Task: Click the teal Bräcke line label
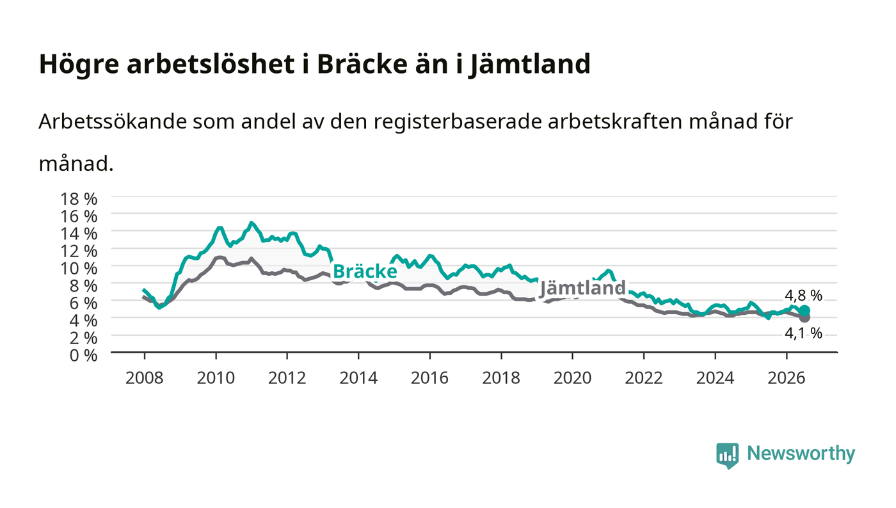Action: click(x=365, y=271)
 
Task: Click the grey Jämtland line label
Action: click(x=583, y=288)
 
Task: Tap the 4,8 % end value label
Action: click(x=803, y=296)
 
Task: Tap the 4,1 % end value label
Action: click(x=803, y=333)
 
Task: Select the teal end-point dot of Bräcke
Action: click(x=804, y=311)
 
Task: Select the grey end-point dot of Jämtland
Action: click(x=804, y=317)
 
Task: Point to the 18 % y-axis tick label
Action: click(x=78, y=199)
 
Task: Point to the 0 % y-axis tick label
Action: click(x=83, y=355)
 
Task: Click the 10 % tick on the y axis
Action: click(x=78, y=269)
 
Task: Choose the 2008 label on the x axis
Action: click(x=145, y=378)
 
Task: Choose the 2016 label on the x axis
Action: click(x=429, y=378)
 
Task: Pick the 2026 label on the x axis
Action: click(x=787, y=378)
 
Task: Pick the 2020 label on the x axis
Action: click(x=572, y=378)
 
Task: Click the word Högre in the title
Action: click(x=79, y=65)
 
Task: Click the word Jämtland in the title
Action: click(x=529, y=63)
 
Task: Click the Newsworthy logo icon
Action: click(x=727, y=455)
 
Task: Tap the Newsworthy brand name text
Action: click(x=801, y=454)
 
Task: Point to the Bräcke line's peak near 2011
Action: click(x=251, y=223)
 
